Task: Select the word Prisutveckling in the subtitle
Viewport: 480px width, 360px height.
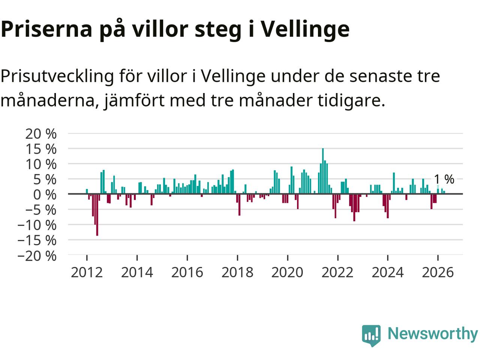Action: click(57, 76)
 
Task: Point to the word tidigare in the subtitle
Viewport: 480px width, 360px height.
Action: click(351, 100)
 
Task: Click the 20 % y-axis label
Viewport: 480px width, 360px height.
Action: click(41, 134)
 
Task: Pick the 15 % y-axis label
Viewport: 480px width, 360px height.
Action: click(41, 149)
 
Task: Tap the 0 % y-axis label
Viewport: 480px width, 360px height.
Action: click(45, 195)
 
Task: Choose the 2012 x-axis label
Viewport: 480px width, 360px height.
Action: click(87, 273)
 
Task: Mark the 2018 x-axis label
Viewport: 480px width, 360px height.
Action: click(237, 273)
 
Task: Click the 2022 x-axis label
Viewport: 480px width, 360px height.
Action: click(337, 273)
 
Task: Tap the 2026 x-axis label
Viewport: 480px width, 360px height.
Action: click(438, 273)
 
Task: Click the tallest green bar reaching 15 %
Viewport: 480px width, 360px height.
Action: click(323, 171)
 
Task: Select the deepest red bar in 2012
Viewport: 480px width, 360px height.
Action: click(97, 215)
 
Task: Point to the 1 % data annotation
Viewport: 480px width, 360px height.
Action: click(444, 180)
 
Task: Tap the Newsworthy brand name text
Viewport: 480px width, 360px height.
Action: click(433, 334)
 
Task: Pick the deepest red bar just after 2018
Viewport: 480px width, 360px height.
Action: click(240, 205)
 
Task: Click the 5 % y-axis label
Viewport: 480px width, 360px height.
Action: click(45, 180)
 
